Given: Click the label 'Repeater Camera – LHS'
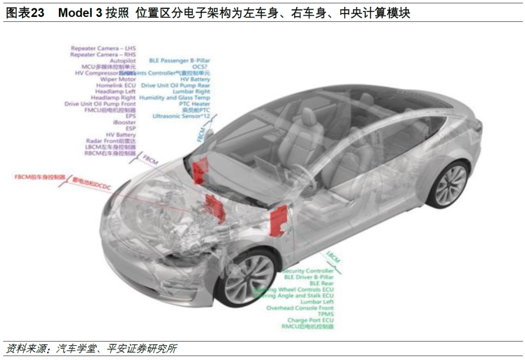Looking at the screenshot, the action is pyautogui.click(x=103, y=48).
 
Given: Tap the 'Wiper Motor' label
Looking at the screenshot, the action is pyautogui.click(x=118, y=79).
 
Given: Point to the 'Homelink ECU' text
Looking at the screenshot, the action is pyautogui.click(x=116, y=85).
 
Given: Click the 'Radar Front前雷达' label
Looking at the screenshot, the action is pyautogui.click(x=111, y=141).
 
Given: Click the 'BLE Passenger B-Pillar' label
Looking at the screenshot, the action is pyautogui.click(x=179, y=61).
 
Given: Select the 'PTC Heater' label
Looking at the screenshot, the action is pyautogui.click(x=194, y=104).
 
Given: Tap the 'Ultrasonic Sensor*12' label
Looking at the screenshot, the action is pyautogui.click(x=181, y=116).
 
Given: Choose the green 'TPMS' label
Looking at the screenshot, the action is pyautogui.click(x=325, y=314).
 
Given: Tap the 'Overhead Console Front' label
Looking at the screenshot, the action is pyautogui.click(x=300, y=308).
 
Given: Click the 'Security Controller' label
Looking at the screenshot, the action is pyautogui.click(x=308, y=271).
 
